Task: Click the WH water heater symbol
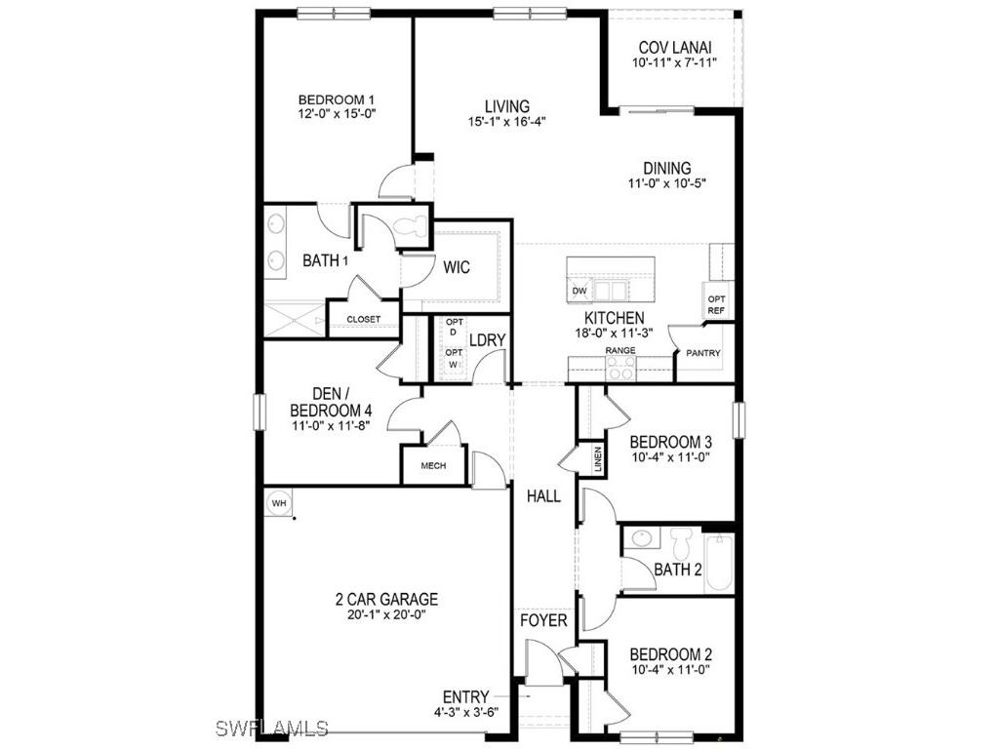[x=279, y=502]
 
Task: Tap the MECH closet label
[x=433, y=465]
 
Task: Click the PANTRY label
[x=702, y=353]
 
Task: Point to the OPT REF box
[x=716, y=304]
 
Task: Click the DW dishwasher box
[x=579, y=291]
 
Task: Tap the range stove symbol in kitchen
[x=620, y=368]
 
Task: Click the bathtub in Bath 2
[x=719, y=563]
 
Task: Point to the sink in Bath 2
[x=642, y=538]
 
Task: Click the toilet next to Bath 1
[x=411, y=228]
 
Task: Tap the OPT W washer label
[x=454, y=358]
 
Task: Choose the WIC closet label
[x=457, y=266]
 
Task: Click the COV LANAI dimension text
[x=674, y=63]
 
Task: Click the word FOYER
[x=543, y=620]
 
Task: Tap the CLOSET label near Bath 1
[x=364, y=319]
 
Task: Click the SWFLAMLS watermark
[x=272, y=729]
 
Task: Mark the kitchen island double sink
[x=612, y=290]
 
